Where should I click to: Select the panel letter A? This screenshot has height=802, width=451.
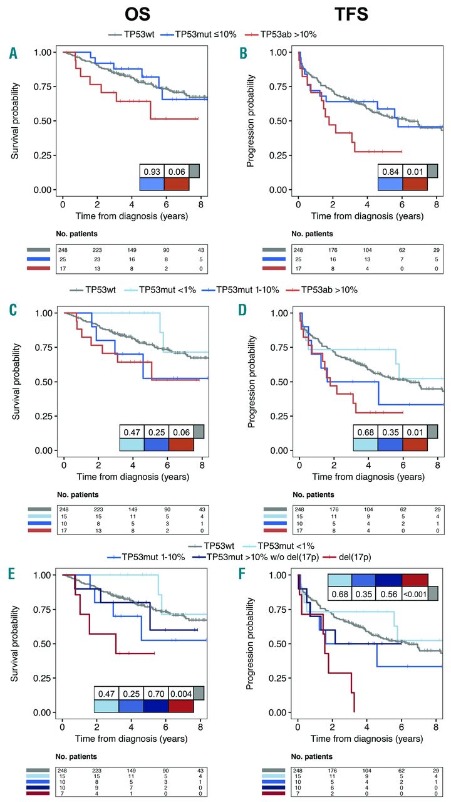click(x=13, y=54)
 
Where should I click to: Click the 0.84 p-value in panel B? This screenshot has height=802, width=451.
click(x=390, y=171)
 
